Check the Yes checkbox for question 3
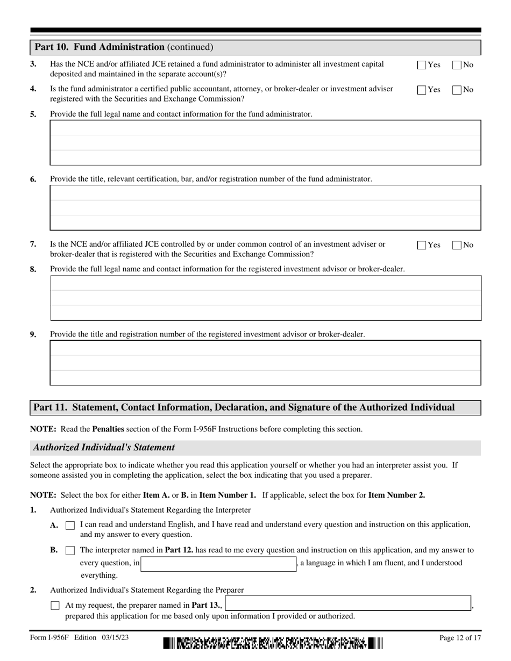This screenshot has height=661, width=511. point(422,65)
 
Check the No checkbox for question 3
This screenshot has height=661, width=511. point(457,65)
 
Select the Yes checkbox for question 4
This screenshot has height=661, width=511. point(422,90)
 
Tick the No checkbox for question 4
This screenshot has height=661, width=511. point(457,90)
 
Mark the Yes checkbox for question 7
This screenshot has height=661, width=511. point(422,245)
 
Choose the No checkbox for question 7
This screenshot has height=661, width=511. point(457,245)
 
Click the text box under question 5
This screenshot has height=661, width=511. point(265,142)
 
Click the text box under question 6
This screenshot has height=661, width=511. point(265,207)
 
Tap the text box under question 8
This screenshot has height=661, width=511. point(265,298)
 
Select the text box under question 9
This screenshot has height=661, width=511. point(265,363)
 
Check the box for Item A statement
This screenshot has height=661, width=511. point(70,526)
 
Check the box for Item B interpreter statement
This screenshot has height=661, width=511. point(70,550)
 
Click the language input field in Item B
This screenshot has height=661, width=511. point(218,564)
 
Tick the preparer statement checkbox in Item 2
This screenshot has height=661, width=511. point(55,606)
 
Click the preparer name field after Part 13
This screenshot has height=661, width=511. point(348,603)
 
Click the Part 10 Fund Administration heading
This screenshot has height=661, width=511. point(124,47)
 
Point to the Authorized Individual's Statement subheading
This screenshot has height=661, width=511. point(104,447)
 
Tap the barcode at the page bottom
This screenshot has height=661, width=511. point(273,643)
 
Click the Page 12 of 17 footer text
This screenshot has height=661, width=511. point(460,638)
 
